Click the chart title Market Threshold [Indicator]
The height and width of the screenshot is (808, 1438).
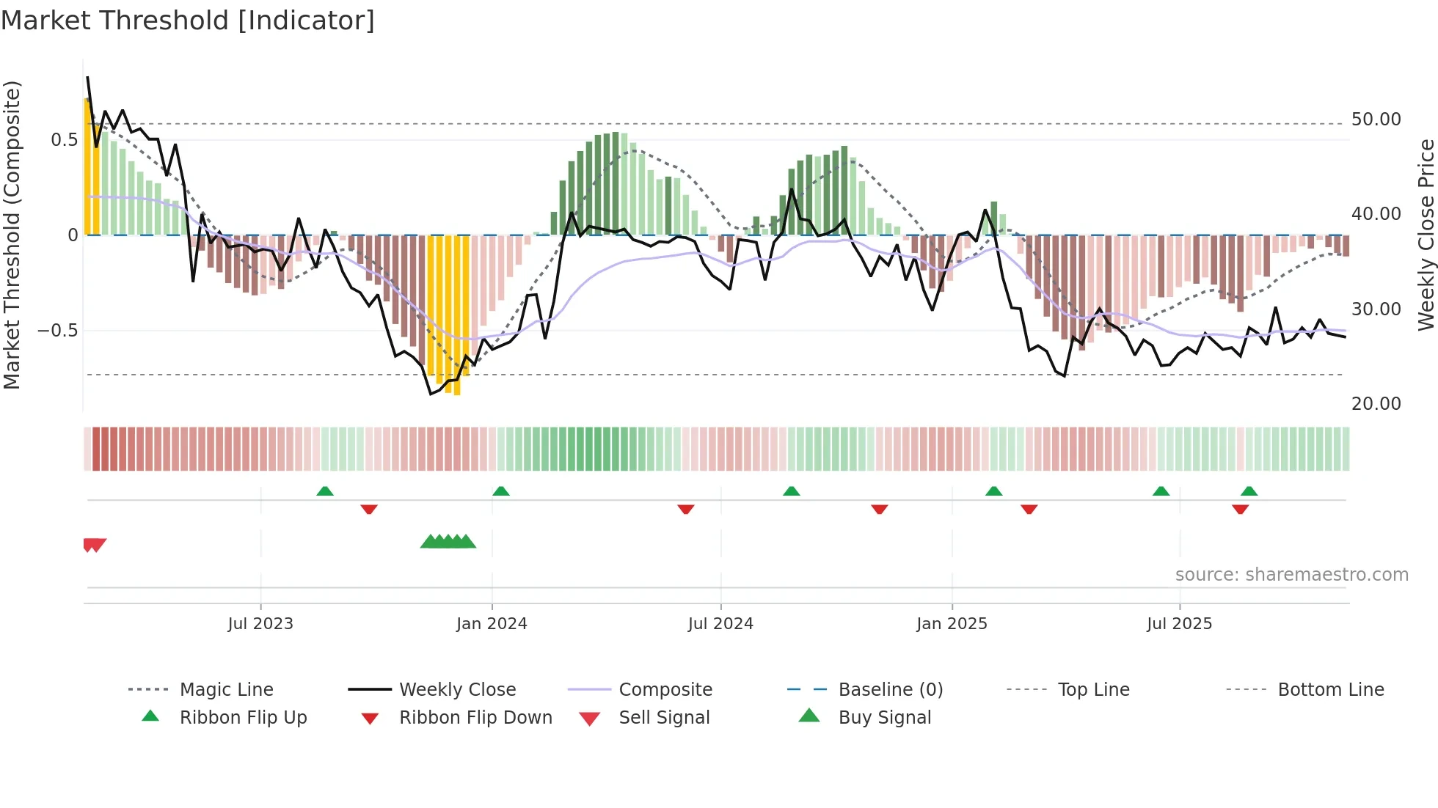point(188,21)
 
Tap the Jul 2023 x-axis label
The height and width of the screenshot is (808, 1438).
point(260,624)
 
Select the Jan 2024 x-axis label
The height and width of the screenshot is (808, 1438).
point(491,624)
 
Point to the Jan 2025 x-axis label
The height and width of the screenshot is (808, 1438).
point(952,624)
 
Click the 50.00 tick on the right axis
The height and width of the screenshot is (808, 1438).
point(1376,120)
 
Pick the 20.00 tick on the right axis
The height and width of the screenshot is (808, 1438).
point(1376,404)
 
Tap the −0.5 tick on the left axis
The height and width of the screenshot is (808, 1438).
point(57,331)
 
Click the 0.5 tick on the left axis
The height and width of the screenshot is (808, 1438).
point(64,140)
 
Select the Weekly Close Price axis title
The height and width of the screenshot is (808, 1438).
point(1426,235)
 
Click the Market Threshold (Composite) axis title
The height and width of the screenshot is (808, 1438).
point(12,235)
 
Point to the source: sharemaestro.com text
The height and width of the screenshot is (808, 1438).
point(1291,575)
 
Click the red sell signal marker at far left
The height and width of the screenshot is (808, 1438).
point(95,545)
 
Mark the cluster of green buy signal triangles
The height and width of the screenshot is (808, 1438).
point(448,542)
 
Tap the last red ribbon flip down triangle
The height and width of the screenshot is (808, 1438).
point(1240,510)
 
